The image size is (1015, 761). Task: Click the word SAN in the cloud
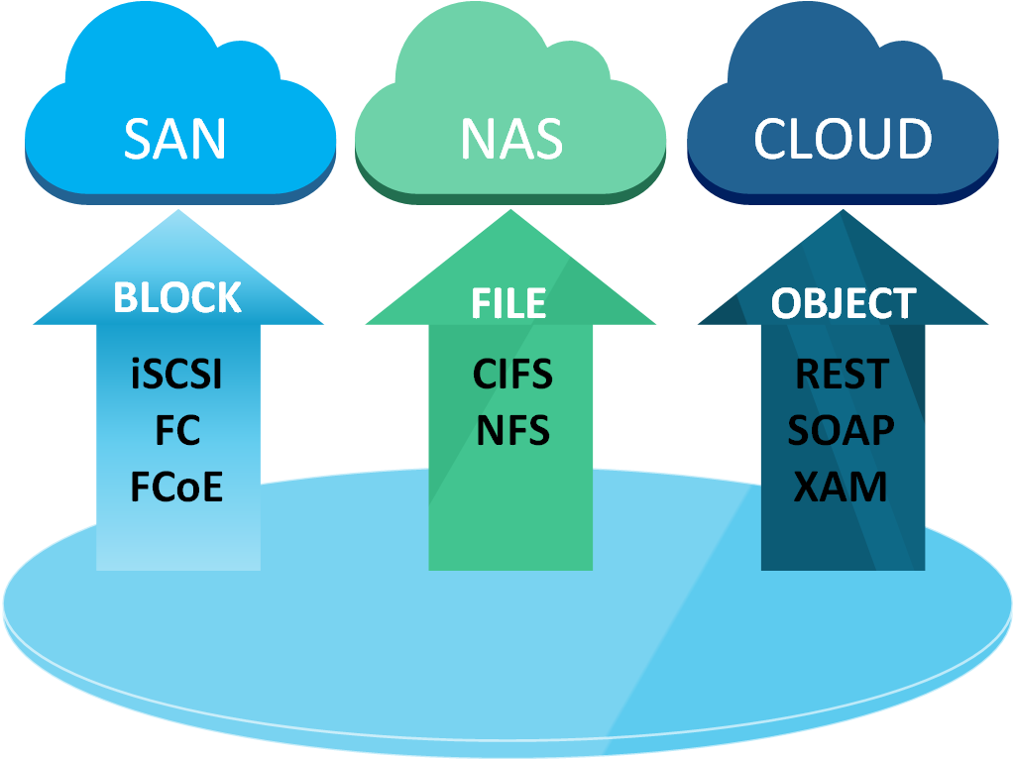(175, 139)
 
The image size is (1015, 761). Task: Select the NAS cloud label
(511, 139)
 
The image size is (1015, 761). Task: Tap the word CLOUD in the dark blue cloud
(843, 139)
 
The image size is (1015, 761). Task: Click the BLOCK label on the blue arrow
(177, 297)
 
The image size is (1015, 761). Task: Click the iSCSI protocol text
(177, 375)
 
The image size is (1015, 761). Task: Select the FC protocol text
(177, 431)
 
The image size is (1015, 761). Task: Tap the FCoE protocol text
(177, 487)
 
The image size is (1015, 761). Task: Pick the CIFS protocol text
(512, 375)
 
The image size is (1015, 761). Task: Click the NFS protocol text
(512, 431)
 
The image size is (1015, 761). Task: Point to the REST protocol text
(843, 375)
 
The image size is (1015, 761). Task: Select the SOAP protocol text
(842, 431)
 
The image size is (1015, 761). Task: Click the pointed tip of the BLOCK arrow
(178, 213)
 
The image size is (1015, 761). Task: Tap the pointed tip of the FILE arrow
(510, 213)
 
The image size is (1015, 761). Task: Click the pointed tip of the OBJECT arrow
(844, 213)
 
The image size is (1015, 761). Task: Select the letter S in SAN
(139, 139)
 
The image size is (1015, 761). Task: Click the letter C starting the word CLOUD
(772, 139)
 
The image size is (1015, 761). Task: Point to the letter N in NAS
(479, 139)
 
